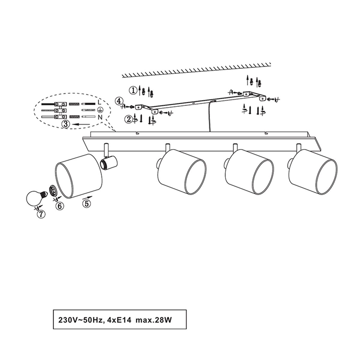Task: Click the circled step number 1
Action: [133, 91]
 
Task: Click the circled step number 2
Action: [129, 119]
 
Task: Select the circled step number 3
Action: [66, 124]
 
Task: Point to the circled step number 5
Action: [87, 203]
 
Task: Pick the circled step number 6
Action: [60, 206]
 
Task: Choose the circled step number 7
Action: [41, 214]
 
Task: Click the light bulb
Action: [36, 198]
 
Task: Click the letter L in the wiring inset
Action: [99, 102]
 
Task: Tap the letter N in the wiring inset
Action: [100, 117]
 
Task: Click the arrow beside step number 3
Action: [81, 124]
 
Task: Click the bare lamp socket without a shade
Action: [109, 163]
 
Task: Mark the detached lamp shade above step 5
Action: [79, 176]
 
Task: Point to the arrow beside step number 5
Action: [87, 197]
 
